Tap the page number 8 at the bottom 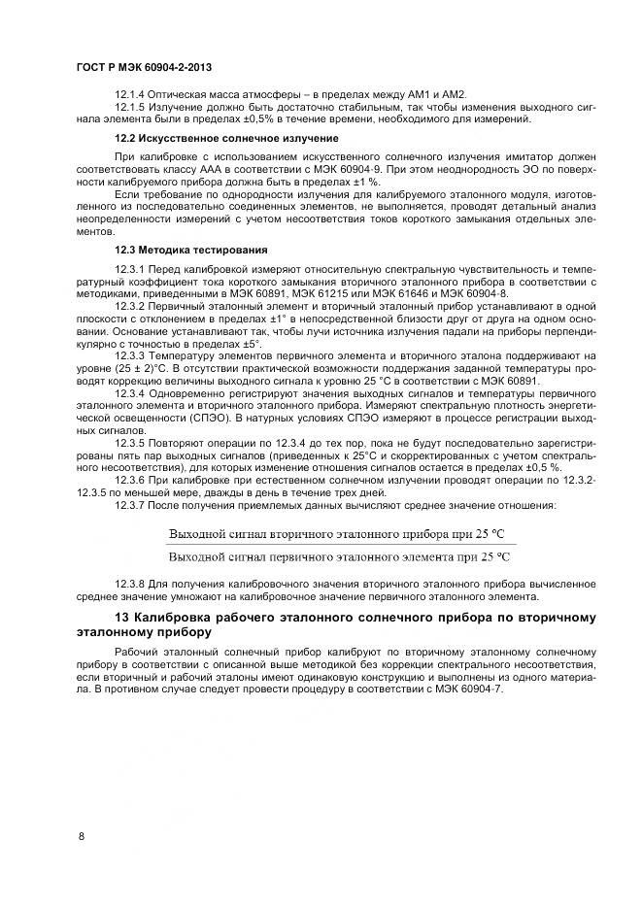pos(81,835)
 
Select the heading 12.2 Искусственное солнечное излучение pos(226,138)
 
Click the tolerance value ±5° pos(250,343)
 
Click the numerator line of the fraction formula pos(336,534)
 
